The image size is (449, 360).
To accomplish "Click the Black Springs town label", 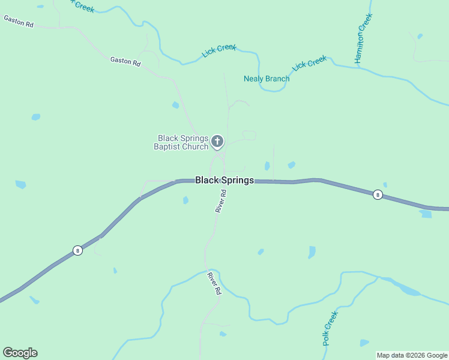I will click(224, 180).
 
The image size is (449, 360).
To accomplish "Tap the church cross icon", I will click(217, 142).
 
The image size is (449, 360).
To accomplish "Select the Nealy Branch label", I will click(267, 79).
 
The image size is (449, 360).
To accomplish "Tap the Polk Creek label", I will click(330, 328).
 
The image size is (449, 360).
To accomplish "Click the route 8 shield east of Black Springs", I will click(378, 194).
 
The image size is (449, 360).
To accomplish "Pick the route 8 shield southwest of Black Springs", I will click(77, 251).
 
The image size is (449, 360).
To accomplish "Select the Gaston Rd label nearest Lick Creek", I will click(125, 61).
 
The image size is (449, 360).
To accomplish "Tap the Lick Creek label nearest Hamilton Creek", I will click(310, 63).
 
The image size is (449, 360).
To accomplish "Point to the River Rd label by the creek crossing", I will click(214, 283).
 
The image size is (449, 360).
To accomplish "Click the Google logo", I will click(20, 353).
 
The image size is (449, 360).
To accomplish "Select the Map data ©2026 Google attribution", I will click(412, 355).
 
